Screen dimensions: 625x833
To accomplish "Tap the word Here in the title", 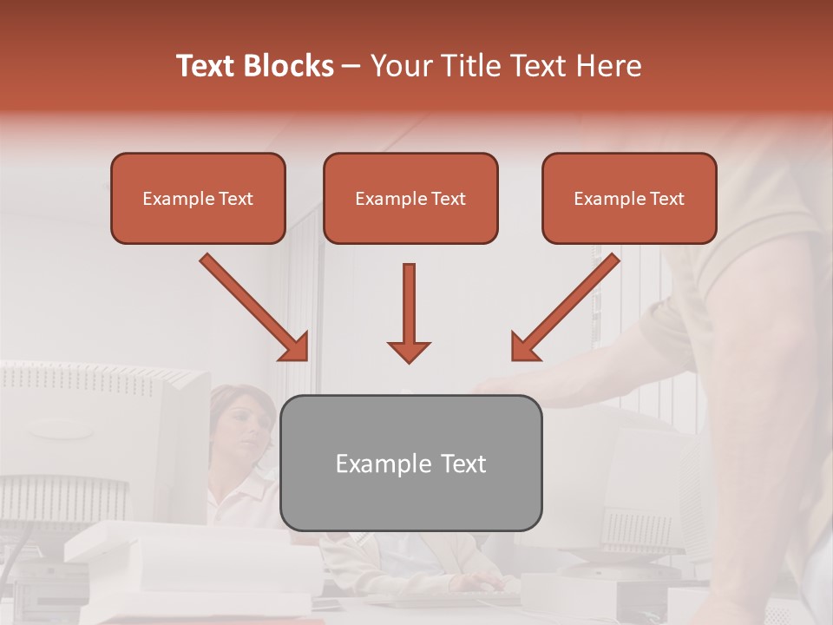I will point(609,66).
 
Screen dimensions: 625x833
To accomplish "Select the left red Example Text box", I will point(198,199).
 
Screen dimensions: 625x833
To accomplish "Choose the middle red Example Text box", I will point(410,199).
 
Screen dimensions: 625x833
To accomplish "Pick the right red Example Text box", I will point(629,199).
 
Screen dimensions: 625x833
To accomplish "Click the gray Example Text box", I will point(410,463).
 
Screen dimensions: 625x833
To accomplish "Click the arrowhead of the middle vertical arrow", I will point(409,351).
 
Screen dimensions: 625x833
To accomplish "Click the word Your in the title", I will point(401,66).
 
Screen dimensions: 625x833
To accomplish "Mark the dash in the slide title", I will point(351,67).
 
